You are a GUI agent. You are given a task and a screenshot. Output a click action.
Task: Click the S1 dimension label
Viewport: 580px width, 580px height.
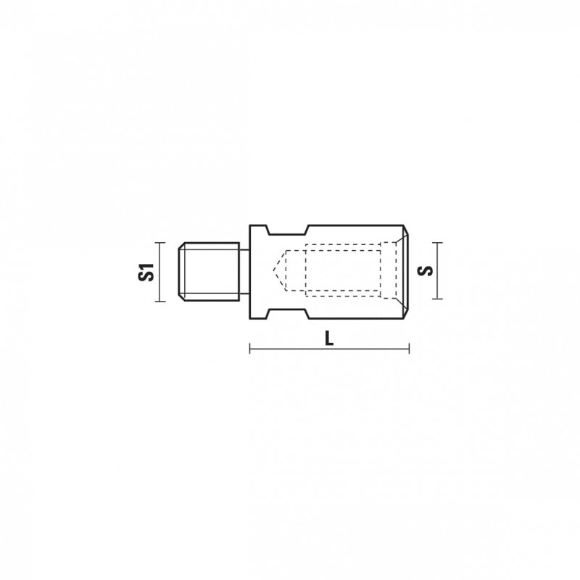click(146, 272)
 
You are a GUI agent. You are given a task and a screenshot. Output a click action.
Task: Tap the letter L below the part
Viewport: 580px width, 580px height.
click(329, 338)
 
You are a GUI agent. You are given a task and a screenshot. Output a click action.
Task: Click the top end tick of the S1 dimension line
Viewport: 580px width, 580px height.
click(159, 243)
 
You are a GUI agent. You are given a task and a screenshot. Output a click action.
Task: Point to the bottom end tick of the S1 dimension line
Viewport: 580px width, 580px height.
click(159, 302)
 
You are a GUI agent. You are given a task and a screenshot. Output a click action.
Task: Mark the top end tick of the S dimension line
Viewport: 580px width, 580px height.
click(437, 243)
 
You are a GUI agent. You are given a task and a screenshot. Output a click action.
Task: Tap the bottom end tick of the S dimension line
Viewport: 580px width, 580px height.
click(437, 299)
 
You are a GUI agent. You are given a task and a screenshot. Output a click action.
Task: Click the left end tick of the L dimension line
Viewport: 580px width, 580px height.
click(250, 348)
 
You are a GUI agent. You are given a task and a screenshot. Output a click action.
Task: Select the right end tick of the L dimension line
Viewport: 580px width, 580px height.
click(409, 348)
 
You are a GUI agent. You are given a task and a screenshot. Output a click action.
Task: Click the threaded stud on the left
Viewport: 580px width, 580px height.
click(209, 271)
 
